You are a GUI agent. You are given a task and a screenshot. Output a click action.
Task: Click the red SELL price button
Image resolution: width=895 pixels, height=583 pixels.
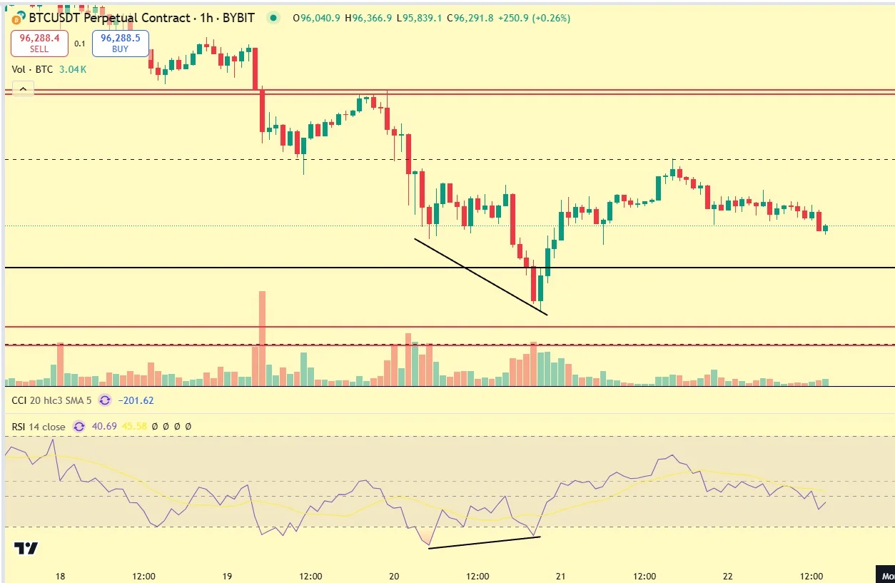(x=39, y=44)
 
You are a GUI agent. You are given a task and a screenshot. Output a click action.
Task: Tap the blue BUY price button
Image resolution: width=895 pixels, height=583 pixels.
(x=120, y=44)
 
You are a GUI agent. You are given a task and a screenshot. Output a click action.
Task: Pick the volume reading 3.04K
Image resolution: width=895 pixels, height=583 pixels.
(x=72, y=69)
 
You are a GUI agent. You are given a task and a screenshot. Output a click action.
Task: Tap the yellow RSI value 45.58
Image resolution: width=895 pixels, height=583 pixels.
(x=134, y=427)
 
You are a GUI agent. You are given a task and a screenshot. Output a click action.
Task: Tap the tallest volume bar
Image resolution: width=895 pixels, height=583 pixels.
(x=262, y=335)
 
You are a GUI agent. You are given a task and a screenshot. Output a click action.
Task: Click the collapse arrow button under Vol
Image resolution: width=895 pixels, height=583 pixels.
(x=23, y=89)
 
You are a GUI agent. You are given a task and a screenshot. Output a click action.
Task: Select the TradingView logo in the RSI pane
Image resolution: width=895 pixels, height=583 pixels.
(x=26, y=548)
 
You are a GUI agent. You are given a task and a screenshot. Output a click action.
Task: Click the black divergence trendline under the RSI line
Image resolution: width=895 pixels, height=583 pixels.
(x=484, y=542)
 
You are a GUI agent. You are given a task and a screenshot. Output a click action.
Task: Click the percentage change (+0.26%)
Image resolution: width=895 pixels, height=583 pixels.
(x=549, y=19)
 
